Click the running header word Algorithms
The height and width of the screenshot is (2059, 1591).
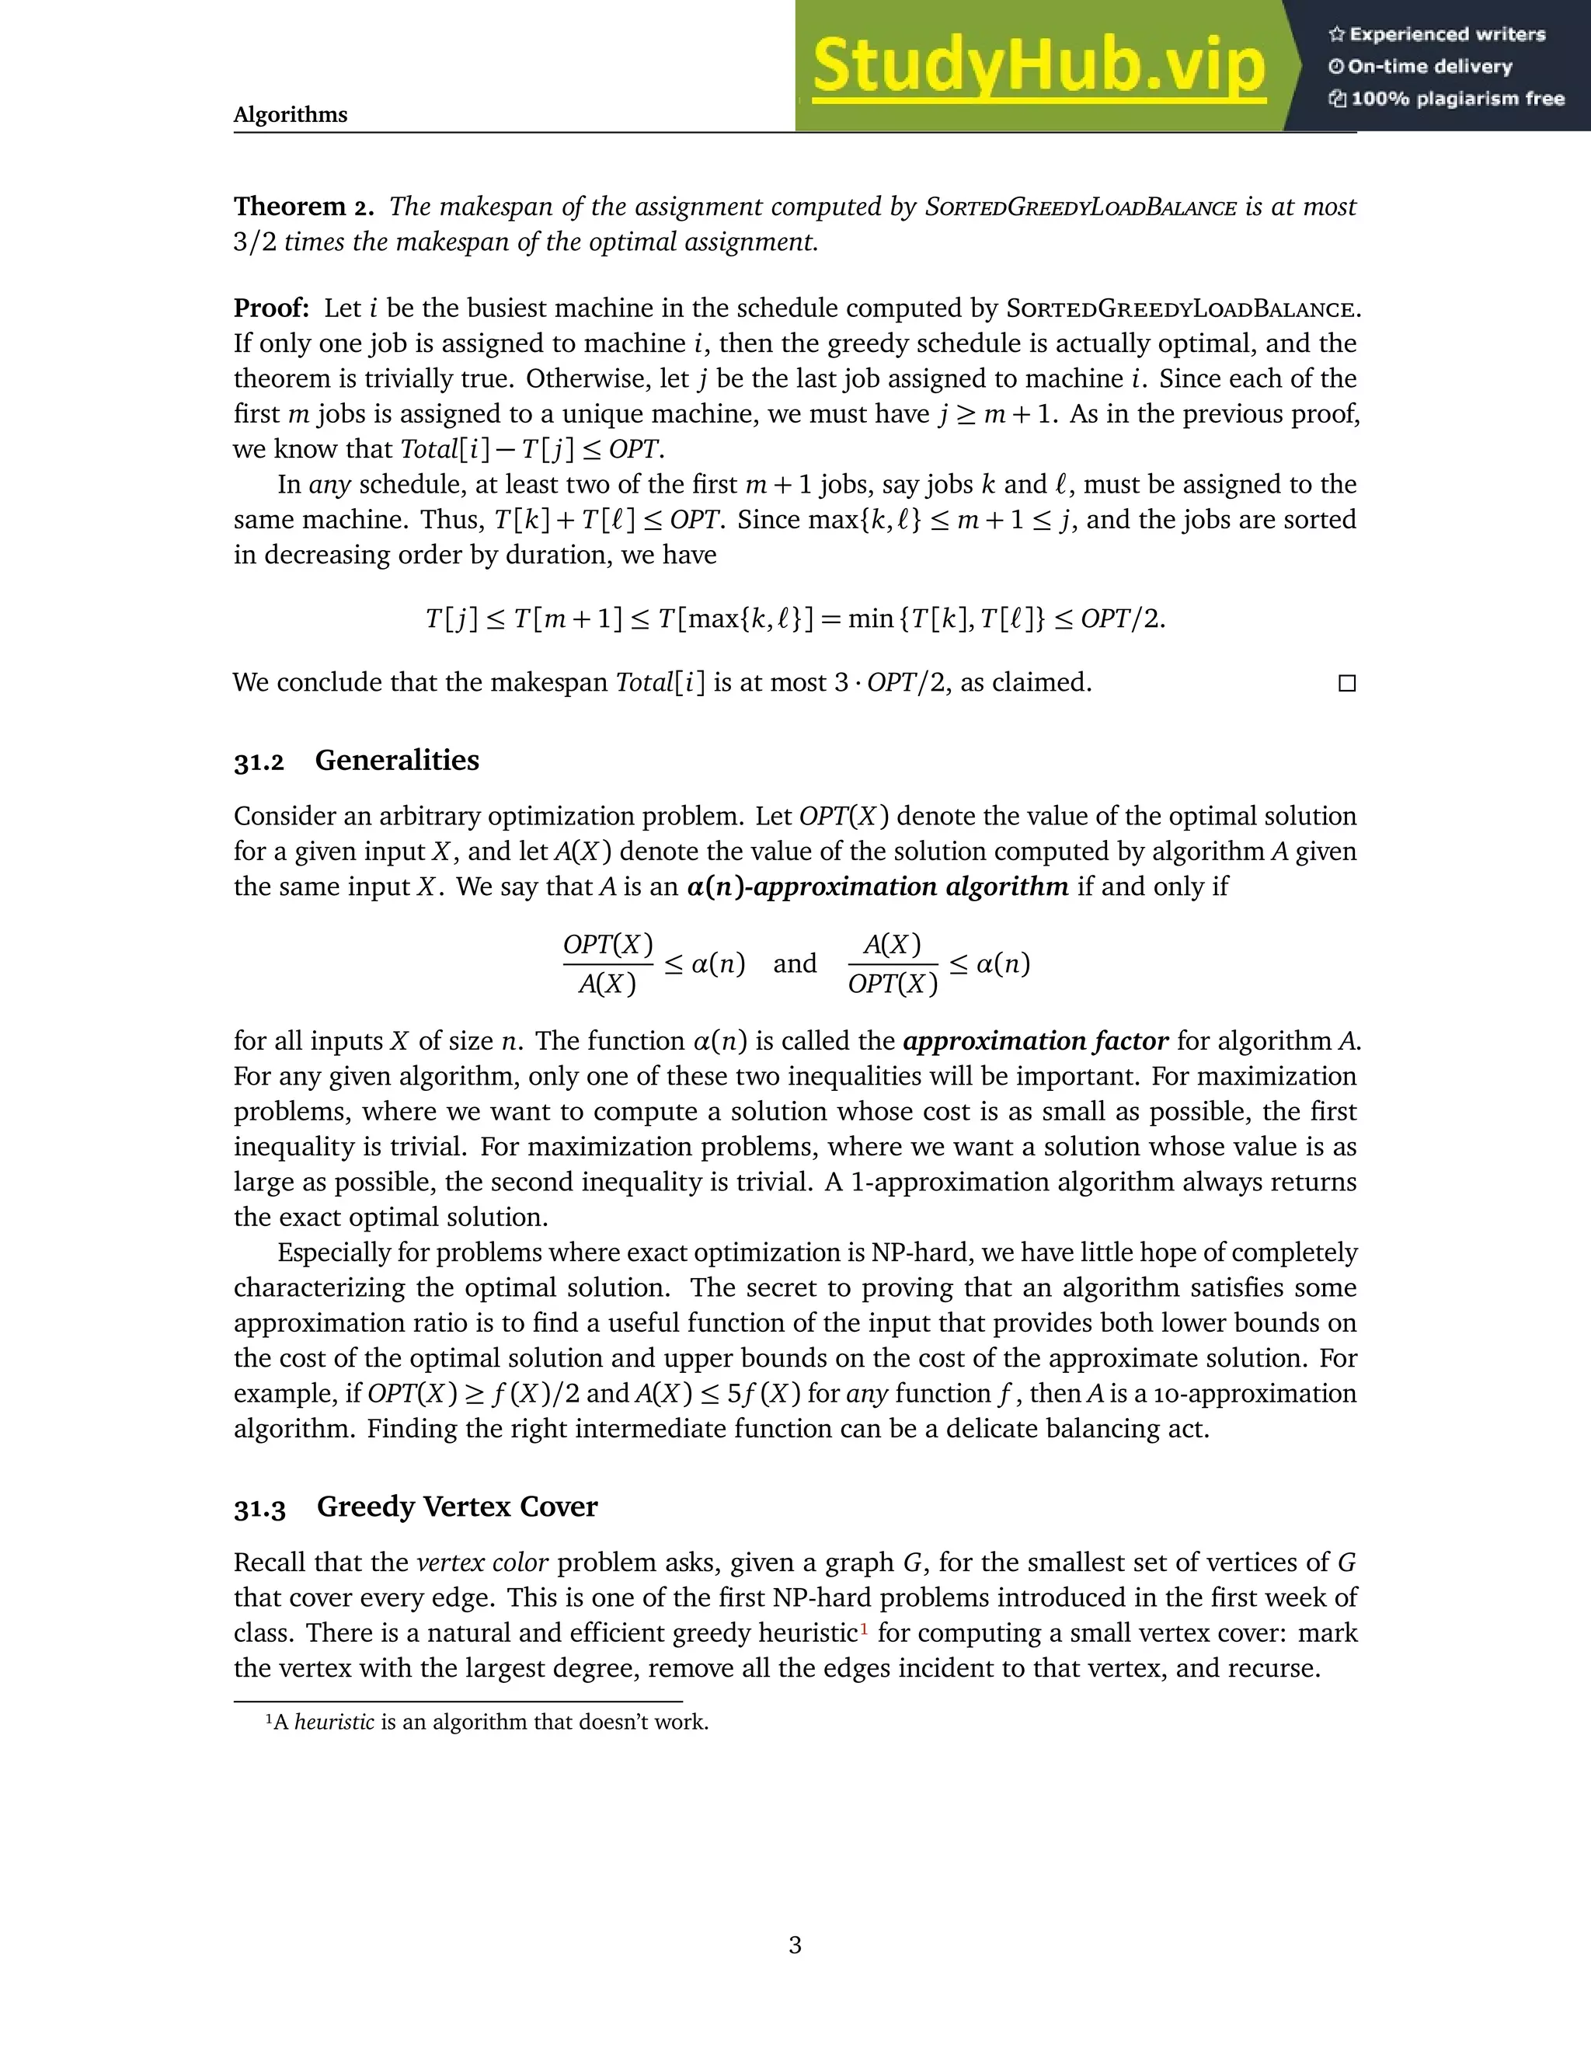coord(291,115)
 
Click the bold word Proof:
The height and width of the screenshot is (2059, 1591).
coord(271,308)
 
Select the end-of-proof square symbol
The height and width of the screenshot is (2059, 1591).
coord(1347,684)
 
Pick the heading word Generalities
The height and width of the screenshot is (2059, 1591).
coord(397,760)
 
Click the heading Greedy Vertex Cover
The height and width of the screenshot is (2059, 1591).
coord(457,1507)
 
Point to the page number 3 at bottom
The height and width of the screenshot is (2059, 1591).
coord(795,1944)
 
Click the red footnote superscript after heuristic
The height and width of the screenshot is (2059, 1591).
coord(863,1627)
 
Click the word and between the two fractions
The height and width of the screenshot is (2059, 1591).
coord(795,963)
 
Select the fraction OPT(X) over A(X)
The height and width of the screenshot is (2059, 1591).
coord(608,963)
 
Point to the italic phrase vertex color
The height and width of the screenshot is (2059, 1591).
coord(482,1563)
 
